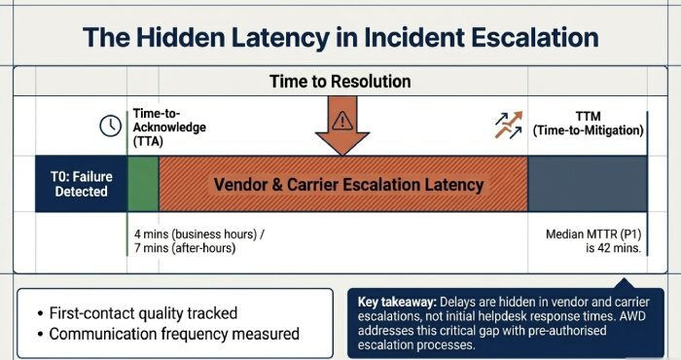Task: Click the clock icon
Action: tap(110, 126)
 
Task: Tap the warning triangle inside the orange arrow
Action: tap(340, 121)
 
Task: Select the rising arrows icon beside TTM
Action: tap(506, 123)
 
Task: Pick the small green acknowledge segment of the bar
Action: tap(143, 184)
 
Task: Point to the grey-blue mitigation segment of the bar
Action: tap(587, 184)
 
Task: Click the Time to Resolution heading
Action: tap(340, 81)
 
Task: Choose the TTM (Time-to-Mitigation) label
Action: tap(588, 123)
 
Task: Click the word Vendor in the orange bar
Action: tap(243, 184)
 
